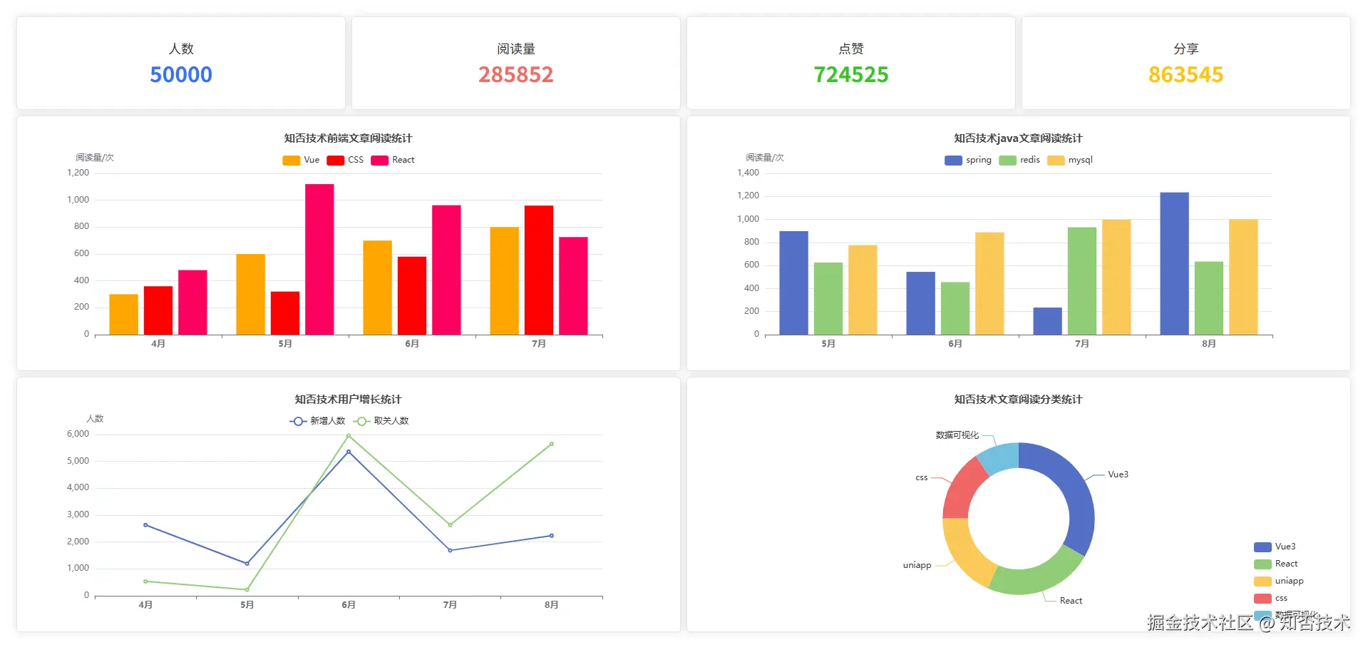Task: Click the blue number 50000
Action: pos(181,74)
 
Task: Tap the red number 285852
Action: pos(515,74)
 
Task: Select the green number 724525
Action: pos(851,74)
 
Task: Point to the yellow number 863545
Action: pos(1186,74)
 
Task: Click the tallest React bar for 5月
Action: pos(319,259)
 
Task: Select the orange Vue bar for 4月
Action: pos(123,314)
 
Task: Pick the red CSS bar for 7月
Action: pos(538,270)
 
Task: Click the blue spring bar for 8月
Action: pos(1174,263)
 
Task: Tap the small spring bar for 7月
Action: pos(1047,321)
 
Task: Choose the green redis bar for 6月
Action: pos(955,308)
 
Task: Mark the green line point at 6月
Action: pos(349,435)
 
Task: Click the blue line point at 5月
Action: pos(247,564)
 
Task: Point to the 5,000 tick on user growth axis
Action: pos(78,461)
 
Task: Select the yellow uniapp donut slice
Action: pos(964,552)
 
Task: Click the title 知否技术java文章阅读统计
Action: pos(1018,138)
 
